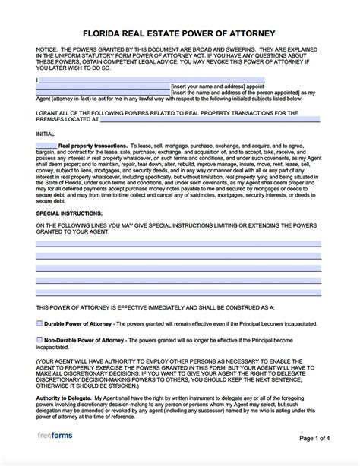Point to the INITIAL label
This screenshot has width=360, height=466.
pyautogui.click(x=44, y=131)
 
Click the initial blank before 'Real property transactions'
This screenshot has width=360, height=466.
pyautogui.click(x=46, y=145)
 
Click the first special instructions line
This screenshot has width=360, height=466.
pyautogui.click(x=178, y=244)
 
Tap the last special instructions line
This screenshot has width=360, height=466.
pyautogui.click(x=178, y=291)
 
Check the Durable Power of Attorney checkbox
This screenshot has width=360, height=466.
pyautogui.click(x=39, y=323)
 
